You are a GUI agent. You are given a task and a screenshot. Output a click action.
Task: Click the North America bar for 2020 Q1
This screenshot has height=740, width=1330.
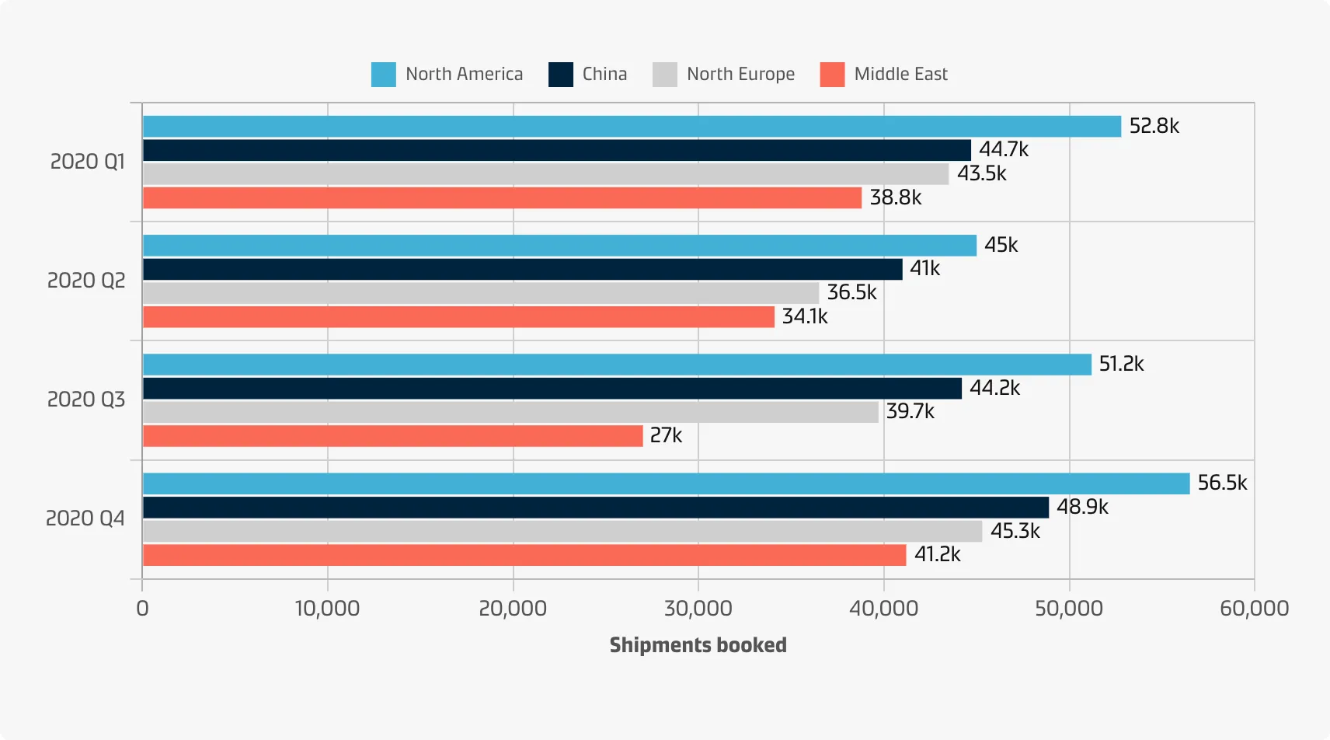(x=632, y=127)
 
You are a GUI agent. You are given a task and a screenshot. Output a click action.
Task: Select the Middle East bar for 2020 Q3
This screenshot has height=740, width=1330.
(x=392, y=436)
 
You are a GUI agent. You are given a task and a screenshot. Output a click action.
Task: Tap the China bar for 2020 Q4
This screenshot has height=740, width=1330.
(x=595, y=508)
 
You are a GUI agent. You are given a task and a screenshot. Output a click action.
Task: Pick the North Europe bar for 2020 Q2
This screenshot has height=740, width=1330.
(x=481, y=293)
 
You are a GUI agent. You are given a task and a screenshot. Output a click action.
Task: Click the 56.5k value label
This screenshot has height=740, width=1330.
(x=1222, y=483)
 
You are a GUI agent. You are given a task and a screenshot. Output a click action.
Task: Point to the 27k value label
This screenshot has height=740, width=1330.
(x=666, y=435)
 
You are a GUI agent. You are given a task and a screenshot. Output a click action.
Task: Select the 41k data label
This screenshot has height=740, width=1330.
(x=924, y=268)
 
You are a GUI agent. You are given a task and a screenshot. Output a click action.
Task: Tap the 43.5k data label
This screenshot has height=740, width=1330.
(x=981, y=173)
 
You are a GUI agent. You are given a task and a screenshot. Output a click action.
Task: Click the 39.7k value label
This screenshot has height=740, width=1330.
(x=910, y=411)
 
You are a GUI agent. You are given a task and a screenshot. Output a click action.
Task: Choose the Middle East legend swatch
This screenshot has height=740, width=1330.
(x=832, y=75)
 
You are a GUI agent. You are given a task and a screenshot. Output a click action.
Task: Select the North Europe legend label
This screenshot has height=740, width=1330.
(x=740, y=75)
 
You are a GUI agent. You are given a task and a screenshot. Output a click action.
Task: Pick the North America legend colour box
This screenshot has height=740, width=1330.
(x=384, y=75)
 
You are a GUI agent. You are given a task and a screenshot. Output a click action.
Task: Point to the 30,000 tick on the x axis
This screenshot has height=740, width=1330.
(x=698, y=609)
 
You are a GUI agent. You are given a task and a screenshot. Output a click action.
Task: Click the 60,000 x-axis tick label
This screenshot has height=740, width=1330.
(x=1254, y=609)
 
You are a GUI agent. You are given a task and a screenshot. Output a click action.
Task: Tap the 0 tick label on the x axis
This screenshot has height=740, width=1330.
(x=142, y=609)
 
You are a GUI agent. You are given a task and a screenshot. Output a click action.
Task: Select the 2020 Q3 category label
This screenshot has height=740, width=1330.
(x=86, y=400)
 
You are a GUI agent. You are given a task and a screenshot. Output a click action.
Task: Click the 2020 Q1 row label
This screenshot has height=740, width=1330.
(x=87, y=162)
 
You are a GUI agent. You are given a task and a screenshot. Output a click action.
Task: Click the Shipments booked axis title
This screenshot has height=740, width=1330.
(x=698, y=645)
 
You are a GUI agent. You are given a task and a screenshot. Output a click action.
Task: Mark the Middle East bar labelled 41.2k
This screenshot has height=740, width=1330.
(x=524, y=555)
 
